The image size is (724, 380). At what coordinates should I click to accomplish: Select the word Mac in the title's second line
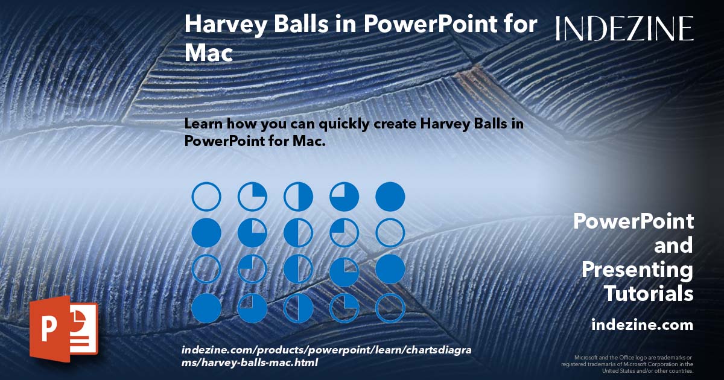coord(208,53)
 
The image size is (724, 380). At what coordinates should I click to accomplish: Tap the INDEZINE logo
coord(624,28)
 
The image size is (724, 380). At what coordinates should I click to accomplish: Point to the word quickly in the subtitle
coord(334,124)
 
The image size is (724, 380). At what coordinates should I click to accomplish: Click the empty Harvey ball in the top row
coord(206,197)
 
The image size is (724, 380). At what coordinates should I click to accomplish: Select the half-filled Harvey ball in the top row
coord(298,197)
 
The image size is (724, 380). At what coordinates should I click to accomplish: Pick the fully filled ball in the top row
coord(390,197)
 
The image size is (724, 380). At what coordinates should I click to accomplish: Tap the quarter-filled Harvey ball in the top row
coord(252,197)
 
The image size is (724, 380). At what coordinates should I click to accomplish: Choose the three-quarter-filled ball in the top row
coord(344,197)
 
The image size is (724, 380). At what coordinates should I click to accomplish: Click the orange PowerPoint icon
coord(63,328)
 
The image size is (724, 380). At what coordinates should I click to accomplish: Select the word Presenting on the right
coord(637,270)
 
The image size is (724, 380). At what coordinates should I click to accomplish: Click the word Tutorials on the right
coord(648,294)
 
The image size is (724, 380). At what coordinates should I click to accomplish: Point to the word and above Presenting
coord(674,245)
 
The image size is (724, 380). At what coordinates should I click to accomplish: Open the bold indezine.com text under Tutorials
coord(642,325)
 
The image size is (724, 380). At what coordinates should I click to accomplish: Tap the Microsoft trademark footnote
coord(627,364)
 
